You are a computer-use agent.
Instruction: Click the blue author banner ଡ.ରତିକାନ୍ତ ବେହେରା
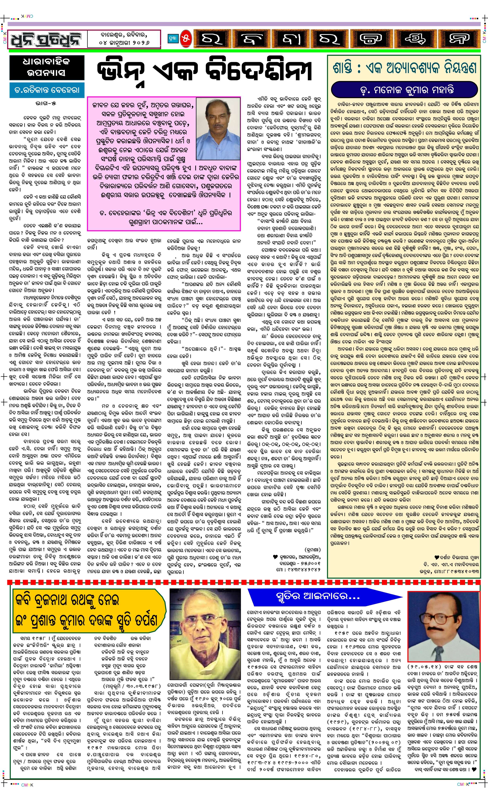(x=45, y=90)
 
